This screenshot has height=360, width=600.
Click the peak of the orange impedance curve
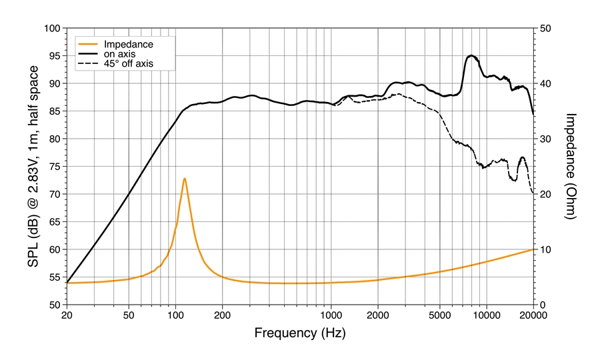[184, 179]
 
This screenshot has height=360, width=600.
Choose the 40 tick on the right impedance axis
[545, 84]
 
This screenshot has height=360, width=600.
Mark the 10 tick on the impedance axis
[545, 249]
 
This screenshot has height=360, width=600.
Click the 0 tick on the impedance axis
[542, 305]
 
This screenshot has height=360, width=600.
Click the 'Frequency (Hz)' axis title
[299, 331]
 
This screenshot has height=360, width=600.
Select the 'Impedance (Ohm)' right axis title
[571, 166]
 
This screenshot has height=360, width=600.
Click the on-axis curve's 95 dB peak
[471, 55]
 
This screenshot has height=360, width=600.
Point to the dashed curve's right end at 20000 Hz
[532, 193]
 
